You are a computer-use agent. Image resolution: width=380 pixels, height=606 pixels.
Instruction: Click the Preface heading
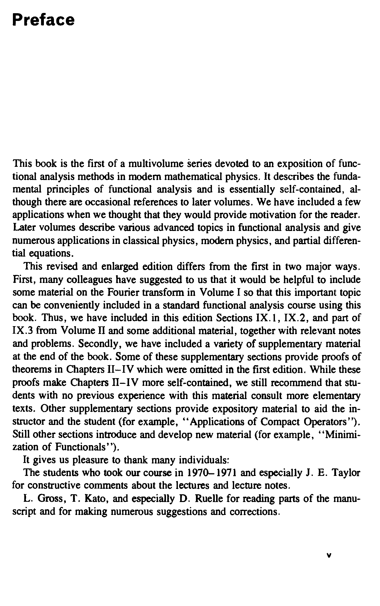pyautogui.click(x=43, y=20)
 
